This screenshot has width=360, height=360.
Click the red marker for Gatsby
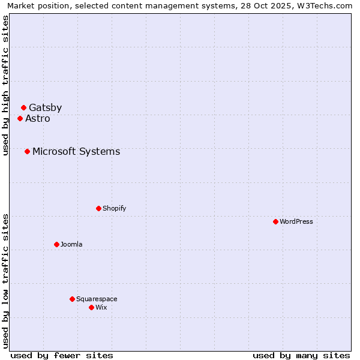23,108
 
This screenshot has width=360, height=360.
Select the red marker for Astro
20,119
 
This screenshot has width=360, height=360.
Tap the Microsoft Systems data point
27,152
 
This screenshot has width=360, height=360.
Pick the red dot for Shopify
98,209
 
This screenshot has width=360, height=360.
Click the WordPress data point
275,222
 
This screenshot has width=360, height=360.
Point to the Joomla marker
56,245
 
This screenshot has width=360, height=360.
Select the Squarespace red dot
72,299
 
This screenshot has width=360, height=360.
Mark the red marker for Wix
91,308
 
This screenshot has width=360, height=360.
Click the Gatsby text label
45,108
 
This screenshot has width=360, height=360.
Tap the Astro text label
38,119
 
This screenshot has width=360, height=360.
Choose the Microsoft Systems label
76,152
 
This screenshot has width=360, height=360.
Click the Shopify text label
114,209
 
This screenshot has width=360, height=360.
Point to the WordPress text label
296,222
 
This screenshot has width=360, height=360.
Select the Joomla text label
71,245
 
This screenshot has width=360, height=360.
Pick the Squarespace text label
97,299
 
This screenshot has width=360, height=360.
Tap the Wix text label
101,308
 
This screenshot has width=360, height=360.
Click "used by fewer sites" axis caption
62,355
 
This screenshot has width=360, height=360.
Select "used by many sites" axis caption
301,355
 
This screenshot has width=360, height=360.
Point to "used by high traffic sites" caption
5,85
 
